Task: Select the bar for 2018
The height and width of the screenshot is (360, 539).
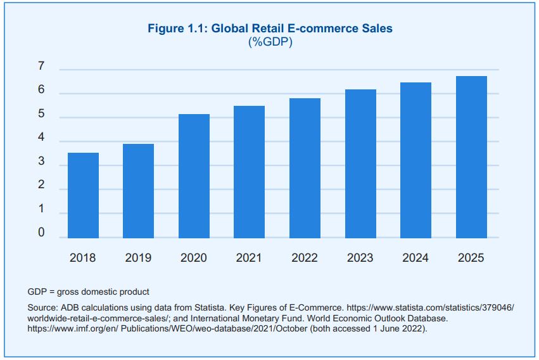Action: click(x=83, y=195)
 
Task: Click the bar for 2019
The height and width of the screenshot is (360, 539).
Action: click(x=138, y=191)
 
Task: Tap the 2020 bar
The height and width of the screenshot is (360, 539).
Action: click(x=194, y=176)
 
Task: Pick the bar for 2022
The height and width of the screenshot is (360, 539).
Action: click(x=305, y=168)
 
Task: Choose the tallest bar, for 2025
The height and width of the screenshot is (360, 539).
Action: click(x=471, y=157)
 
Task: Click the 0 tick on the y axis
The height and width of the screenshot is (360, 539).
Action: click(x=41, y=234)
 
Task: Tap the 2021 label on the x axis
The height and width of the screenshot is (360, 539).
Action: click(x=249, y=258)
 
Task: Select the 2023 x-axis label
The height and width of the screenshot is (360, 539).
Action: click(x=360, y=258)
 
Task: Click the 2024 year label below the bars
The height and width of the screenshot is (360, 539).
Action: click(x=415, y=258)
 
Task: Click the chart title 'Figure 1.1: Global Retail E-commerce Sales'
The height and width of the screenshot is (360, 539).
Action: click(x=270, y=29)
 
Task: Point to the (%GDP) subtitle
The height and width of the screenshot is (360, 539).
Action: click(x=270, y=42)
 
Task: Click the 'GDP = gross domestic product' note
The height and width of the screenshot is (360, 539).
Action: click(x=89, y=292)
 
